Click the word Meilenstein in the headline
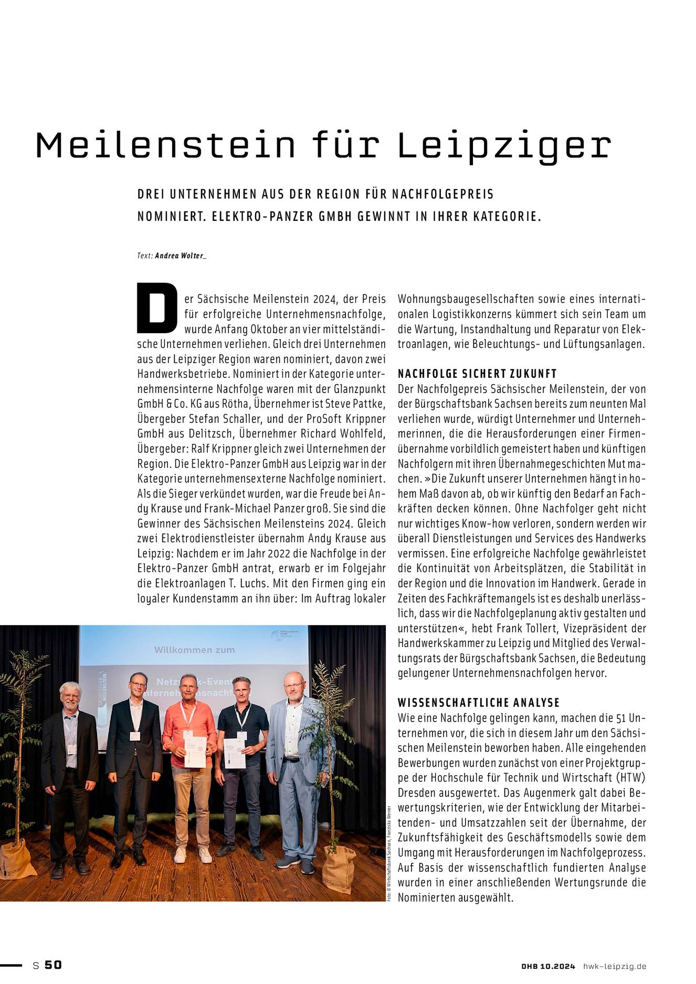coord(166,145)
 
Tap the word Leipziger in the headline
coord(504,146)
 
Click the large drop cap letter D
coord(156,308)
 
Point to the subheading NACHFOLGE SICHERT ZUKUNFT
coord(477,374)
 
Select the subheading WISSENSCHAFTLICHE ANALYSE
coord(479,702)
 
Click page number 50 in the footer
coord(53,965)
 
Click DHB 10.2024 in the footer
coord(548,966)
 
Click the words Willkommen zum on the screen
coord(194,650)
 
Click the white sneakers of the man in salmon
coord(192,856)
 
